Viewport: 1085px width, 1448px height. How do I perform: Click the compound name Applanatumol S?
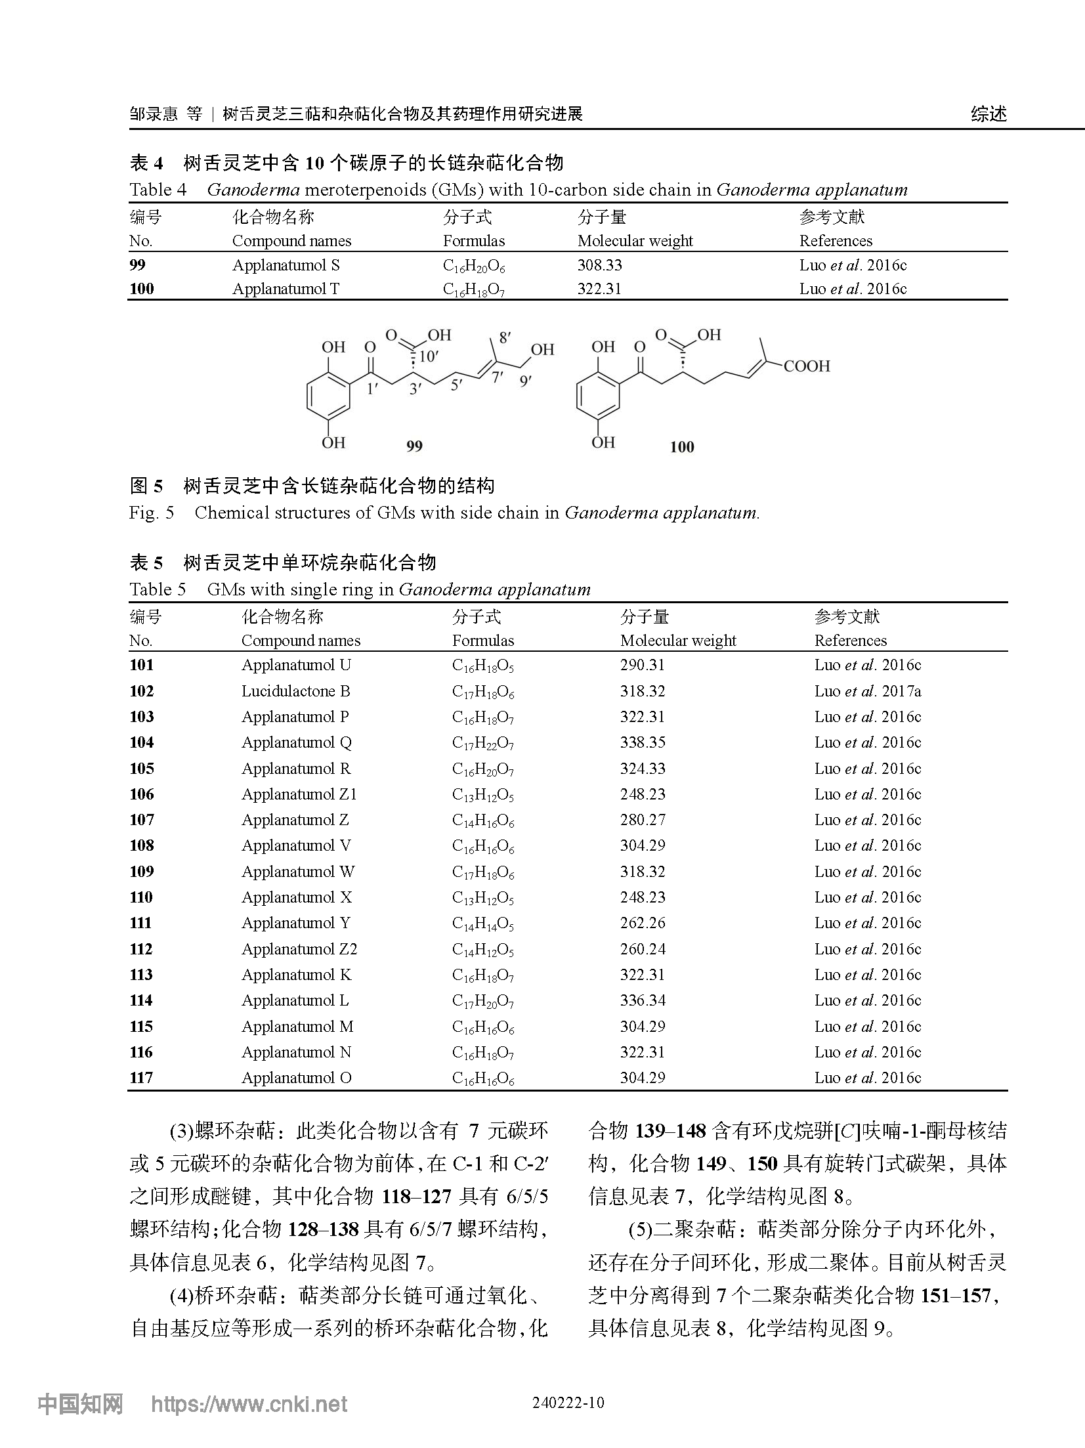click(286, 265)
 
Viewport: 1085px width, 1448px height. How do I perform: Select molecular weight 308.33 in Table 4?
click(599, 265)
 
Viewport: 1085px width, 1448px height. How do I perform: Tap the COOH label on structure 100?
click(806, 366)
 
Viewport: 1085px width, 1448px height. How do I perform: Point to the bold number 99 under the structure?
click(414, 446)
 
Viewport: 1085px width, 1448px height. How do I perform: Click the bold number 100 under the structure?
click(681, 447)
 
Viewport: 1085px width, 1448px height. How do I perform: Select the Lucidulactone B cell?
click(295, 691)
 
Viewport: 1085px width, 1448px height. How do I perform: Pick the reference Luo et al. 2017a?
click(867, 691)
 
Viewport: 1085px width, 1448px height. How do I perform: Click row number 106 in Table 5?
click(141, 794)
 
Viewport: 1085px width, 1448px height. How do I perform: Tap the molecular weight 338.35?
click(642, 742)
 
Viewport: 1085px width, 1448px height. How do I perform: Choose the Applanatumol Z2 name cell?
click(299, 949)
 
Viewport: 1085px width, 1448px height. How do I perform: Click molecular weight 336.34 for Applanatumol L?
click(642, 1000)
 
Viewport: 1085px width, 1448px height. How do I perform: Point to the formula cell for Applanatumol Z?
click(482, 820)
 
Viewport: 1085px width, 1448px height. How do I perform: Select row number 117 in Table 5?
click(141, 1078)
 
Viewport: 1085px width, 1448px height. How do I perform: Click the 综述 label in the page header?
click(988, 114)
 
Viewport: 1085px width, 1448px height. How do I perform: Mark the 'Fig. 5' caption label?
click(152, 513)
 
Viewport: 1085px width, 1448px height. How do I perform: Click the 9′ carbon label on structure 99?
click(524, 380)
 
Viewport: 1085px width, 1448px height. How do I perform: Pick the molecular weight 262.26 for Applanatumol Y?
click(642, 923)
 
